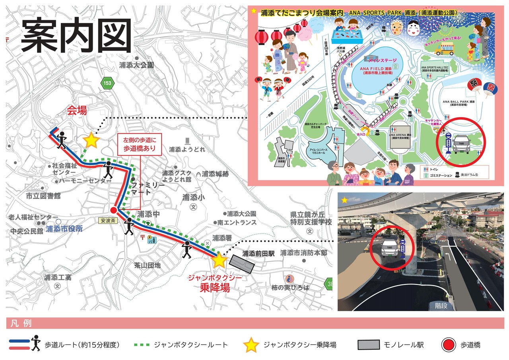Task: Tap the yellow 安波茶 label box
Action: pyautogui.click(x=107, y=220)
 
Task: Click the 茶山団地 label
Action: pyautogui.click(x=147, y=265)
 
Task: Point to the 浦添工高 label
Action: pyautogui.click(x=58, y=277)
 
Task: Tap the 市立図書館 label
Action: pyautogui.click(x=43, y=196)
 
